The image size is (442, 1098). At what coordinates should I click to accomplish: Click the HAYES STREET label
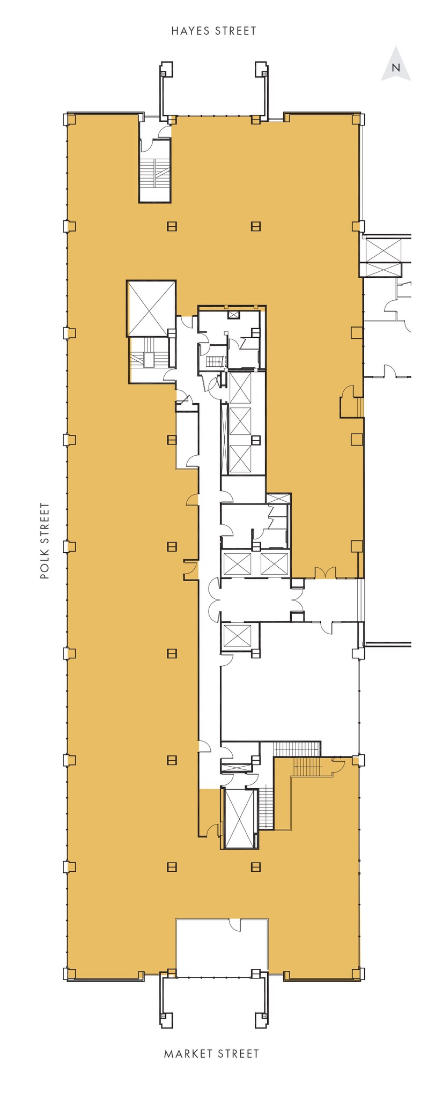click(x=213, y=31)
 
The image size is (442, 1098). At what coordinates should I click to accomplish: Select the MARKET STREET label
click(x=211, y=1054)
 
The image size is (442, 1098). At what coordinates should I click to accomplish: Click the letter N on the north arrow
click(x=396, y=68)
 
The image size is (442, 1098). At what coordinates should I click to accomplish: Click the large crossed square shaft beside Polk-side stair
click(x=151, y=308)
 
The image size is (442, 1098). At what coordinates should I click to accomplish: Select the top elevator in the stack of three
click(x=240, y=388)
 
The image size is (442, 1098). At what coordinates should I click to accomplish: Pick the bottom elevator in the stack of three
click(x=240, y=458)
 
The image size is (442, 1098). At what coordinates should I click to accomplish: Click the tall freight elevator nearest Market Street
click(x=239, y=818)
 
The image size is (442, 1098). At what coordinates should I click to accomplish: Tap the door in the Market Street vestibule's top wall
click(x=234, y=924)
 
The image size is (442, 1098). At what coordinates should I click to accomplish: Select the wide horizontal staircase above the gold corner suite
click(x=297, y=748)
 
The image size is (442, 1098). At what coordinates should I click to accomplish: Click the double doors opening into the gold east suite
click(x=325, y=573)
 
